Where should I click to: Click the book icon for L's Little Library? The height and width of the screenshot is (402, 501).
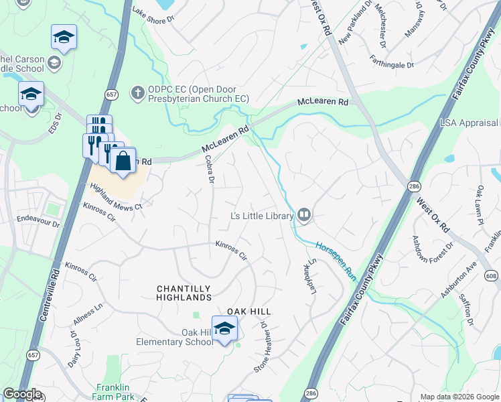click(303, 215)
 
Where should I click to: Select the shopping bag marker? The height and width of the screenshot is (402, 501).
click(123, 161)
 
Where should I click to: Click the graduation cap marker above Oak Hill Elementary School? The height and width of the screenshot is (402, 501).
click(225, 328)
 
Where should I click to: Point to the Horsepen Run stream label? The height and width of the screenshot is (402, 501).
click(336, 261)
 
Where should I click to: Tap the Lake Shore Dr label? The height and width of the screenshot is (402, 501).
click(153, 15)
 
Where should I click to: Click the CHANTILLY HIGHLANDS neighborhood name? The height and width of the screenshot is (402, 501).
click(184, 293)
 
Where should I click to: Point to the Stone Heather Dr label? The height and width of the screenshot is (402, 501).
click(261, 348)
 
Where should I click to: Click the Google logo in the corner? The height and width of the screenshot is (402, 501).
click(22, 394)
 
